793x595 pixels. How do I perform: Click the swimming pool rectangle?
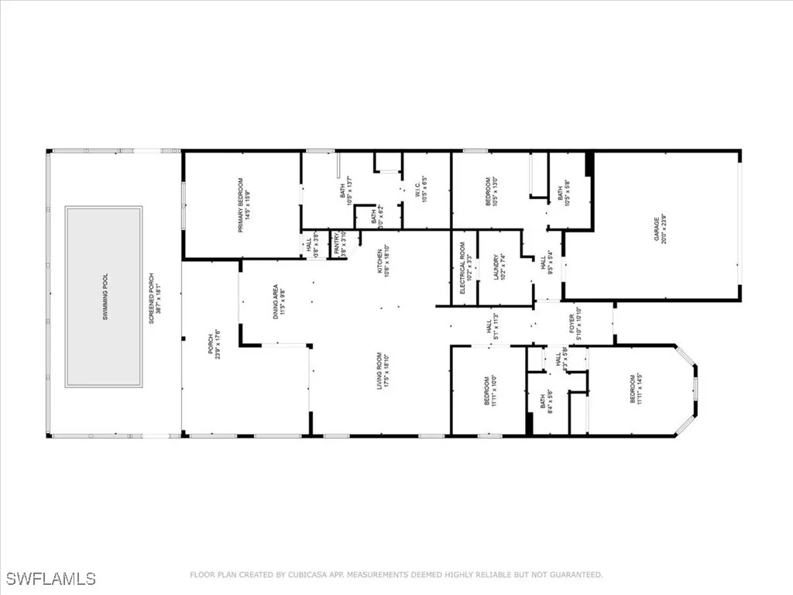pyautogui.click(x=104, y=296)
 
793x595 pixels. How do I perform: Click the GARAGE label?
pyautogui.click(x=661, y=226)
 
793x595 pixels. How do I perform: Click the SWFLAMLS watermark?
pyautogui.click(x=51, y=579)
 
